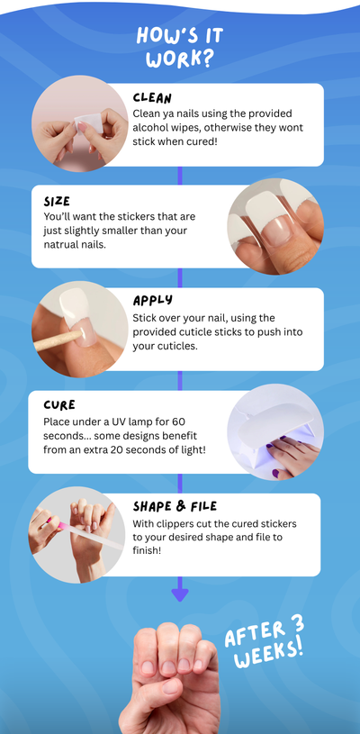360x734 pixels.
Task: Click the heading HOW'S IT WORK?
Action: [180, 48]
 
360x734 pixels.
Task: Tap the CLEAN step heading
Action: [152, 98]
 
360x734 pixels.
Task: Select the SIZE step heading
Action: [57, 202]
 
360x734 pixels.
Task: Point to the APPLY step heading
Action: [152, 301]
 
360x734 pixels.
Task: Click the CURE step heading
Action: [59, 405]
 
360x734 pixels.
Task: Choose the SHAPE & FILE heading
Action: [175, 506]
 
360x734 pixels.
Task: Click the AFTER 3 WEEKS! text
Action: [265, 641]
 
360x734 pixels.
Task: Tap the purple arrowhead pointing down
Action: [179, 594]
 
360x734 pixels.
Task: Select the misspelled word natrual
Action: [59, 245]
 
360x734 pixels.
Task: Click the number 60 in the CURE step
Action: [178, 421]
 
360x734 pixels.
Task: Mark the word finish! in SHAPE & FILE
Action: [147, 550]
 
